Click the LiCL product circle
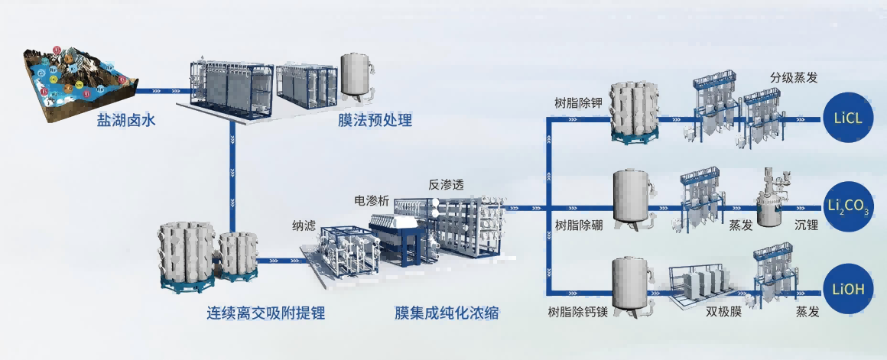coord(846,121)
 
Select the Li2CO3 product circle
coord(846,206)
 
